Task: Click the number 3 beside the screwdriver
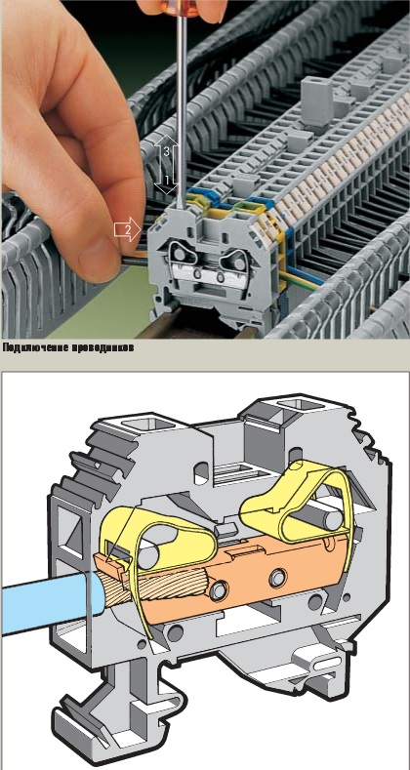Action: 167,151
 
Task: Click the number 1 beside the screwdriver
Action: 167,180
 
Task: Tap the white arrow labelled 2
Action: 128,229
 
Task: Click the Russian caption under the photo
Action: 67,347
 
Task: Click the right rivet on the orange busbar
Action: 278,576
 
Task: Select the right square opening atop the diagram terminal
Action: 301,405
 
